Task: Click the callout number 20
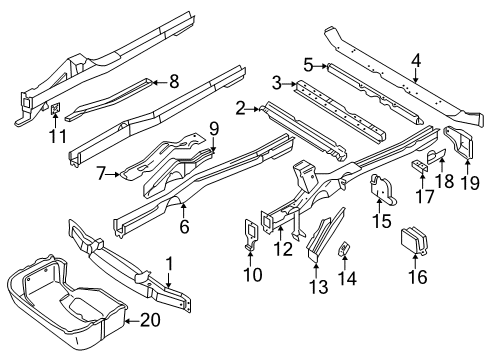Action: point(150,321)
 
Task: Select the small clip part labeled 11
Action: point(55,108)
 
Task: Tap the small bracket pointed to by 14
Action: point(344,248)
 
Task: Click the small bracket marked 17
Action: point(420,167)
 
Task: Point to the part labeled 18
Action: point(436,155)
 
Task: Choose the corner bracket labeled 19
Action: point(460,143)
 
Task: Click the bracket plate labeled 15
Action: point(382,189)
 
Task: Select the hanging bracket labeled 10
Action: point(251,234)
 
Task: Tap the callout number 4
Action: point(416,61)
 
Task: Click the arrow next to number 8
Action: point(160,82)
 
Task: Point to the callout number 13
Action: point(318,287)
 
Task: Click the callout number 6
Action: point(184,227)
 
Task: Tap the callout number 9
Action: point(214,129)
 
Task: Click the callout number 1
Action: point(170,263)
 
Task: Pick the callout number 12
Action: point(283,249)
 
